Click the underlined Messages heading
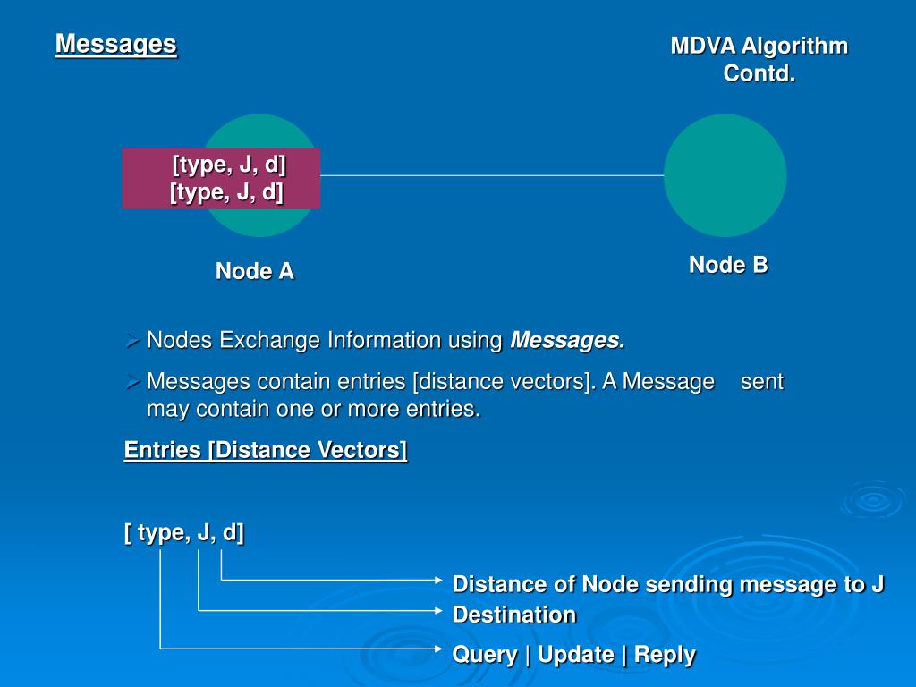click(115, 44)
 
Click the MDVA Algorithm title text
click(759, 47)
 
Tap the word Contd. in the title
click(759, 73)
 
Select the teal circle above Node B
click(725, 175)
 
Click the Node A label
click(254, 271)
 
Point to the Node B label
click(728, 265)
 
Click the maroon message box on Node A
click(221, 179)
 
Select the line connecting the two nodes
click(492, 175)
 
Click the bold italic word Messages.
click(567, 341)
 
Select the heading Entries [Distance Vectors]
click(266, 450)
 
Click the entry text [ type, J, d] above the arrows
click(184, 533)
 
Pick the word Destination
click(514, 615)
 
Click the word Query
click(484, 655)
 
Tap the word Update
click(575, 655)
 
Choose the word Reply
click(665, 655)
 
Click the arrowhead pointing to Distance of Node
click(437, 581)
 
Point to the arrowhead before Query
click(437, 647)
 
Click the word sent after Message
click(761, 382)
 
